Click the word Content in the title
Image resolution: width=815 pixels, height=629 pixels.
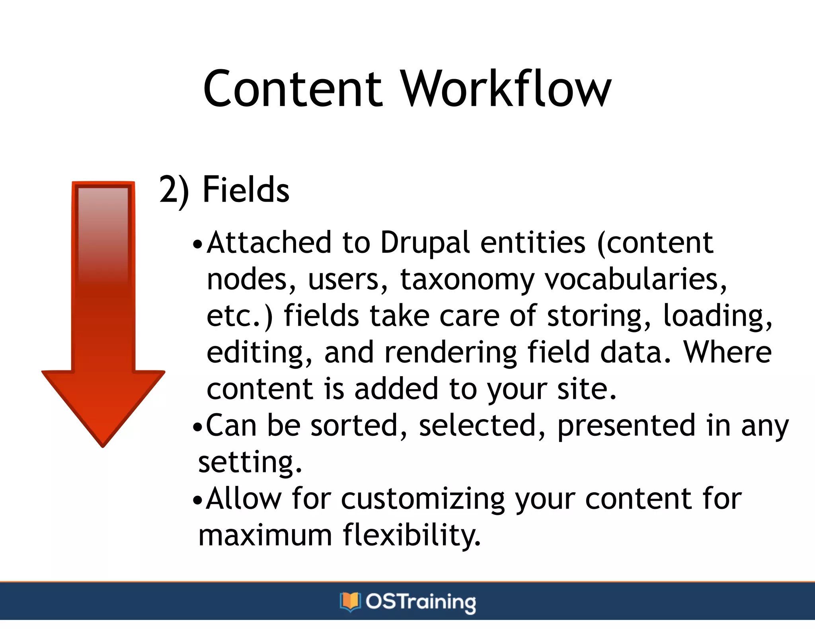coord(292,89)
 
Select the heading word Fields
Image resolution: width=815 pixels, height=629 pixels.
coord(246,190)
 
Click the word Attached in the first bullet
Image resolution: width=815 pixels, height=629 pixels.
coord(269,242)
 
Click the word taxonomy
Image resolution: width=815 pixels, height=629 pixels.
coord(467,280)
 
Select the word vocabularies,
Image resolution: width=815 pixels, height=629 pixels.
coord(636,279)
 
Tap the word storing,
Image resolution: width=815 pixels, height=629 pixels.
coord(599,316)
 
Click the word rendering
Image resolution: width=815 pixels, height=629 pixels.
coord(451,353)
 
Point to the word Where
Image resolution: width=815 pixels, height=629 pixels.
coord(727,352)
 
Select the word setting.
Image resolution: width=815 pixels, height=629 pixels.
coord(250,463)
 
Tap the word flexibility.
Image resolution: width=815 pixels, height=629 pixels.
coord(412,536)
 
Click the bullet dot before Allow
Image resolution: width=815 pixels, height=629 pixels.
coord(197,500)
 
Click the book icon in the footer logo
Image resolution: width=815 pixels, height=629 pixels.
coord(350,602)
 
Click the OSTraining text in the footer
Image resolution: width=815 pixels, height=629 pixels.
coord(421,602)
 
